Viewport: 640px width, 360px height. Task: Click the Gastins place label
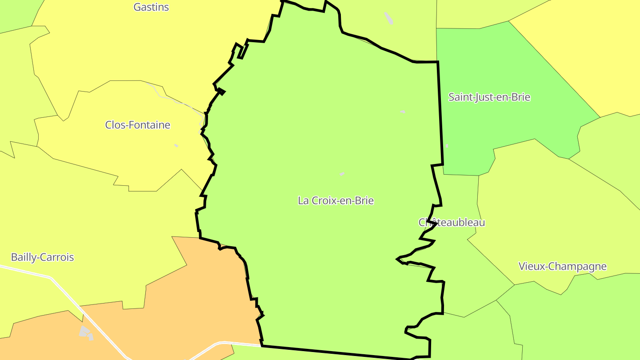pyautogui.click(x=151, y=7)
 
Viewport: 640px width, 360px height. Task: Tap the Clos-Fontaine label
pyautogui.click(x=137, y=125)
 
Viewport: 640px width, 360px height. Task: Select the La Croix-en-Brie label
pyautogui.click(x=336, y=200)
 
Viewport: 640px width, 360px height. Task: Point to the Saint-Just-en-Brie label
pyautogui.click(x=489, y=97)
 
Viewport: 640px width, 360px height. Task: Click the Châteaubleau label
pyautogui.click(x=452, y=222)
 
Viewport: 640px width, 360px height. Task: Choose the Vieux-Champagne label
pyautogui.click(x=562, y=266)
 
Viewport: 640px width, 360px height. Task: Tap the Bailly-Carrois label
pyautogui.click(x=42, y=257)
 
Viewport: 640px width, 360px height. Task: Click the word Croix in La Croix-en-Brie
pyautogui.click(x=324, y=200)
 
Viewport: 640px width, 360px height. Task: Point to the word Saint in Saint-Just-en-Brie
pyautogui.click(x=460, y=97)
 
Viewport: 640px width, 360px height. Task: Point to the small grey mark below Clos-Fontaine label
pyautogui.click(x=176, y=145)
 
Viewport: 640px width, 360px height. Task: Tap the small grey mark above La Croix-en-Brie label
pyautogui.click(x=342, y=174)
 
